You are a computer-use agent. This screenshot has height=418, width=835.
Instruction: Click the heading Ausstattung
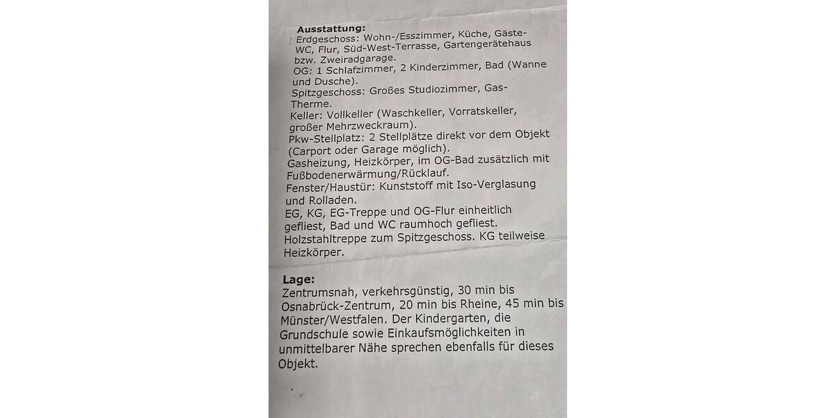[331, 29]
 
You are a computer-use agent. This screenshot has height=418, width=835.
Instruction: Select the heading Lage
[299, 279]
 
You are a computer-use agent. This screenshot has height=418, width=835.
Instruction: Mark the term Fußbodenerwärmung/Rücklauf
[368, 173]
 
